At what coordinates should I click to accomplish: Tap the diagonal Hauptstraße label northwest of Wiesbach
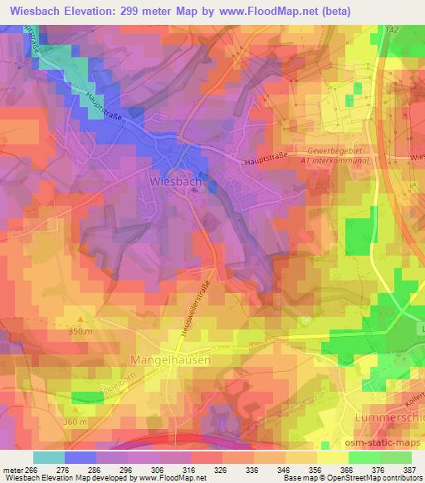[103, 109]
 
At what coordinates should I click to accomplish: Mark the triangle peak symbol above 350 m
[80, 317]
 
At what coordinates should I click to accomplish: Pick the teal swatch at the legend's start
[49, 457]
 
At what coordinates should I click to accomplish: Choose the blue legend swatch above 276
[81, 457]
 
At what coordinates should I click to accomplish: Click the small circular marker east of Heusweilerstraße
[305, 320]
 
